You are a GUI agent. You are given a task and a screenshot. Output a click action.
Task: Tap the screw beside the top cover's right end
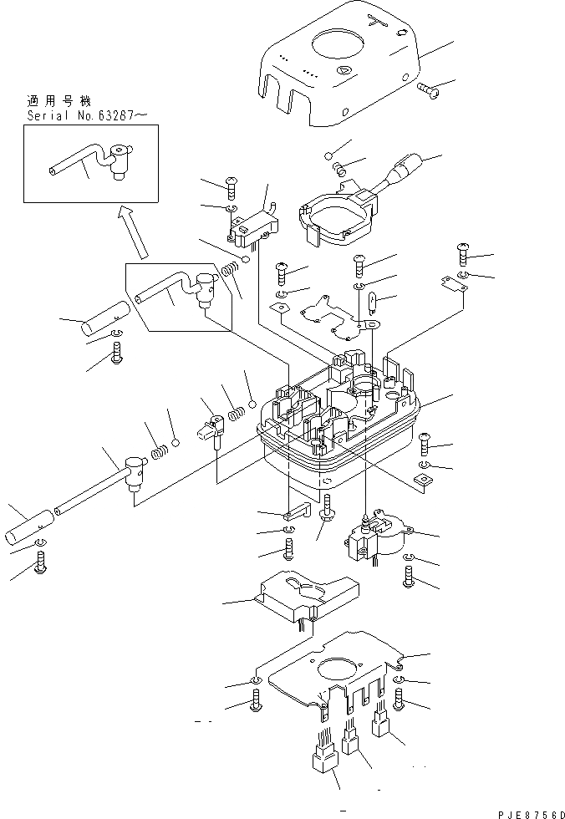(430, 86)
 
